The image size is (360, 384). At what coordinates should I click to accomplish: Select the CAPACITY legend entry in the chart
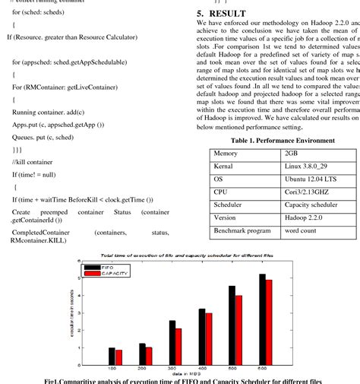point(107,275)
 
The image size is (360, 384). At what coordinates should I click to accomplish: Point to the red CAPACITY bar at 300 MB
point(178,348)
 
